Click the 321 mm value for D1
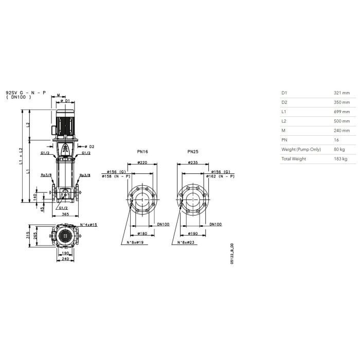coord(341,93)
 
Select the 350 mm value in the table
coord(341,102)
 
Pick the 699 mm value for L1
coord(341,112)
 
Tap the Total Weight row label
coord(294,159)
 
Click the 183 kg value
coord(340,159)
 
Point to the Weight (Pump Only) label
coord(301,150)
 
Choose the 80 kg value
coord(339,150)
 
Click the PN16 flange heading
coord(142,152)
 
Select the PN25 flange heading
coord(193,152)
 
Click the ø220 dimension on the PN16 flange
coord(142,163)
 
